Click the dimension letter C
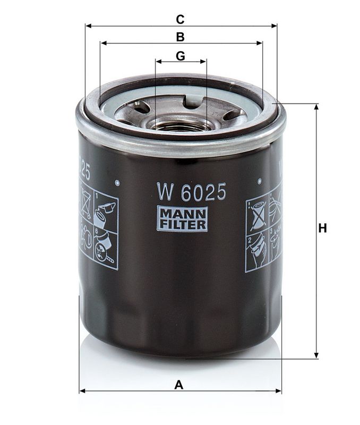tap(180, 20)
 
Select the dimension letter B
tap(180, 37)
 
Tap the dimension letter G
tap(180, 56)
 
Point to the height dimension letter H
tap(322, 228)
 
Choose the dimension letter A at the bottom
tap(179, 385)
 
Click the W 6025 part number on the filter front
tap(191, 192)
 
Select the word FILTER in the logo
tap(182, 225)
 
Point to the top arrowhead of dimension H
tap(316, 107)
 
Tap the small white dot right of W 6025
tap(260, 181)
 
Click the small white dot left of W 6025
tap(117, 183)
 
